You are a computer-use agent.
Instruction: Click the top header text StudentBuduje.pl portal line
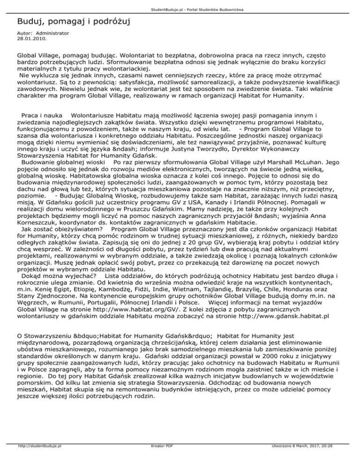[180, 4]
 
